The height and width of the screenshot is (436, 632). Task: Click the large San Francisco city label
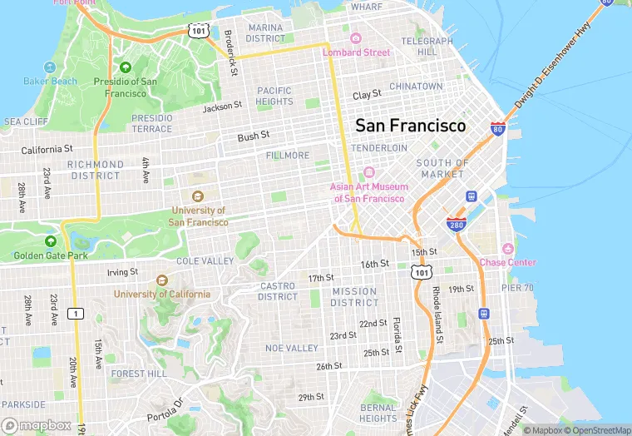pyautogui.click(x=411, y=126)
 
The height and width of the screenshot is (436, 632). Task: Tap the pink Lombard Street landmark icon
pyautogui.click(x=356, y=38)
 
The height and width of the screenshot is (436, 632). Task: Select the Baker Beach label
pyautogui.click(x=50, y=82)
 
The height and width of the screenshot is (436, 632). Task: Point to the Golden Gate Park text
pyautogui.click(x=51, y=255)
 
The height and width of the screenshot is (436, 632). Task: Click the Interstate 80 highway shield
pyautogui.click(x=497, y=129)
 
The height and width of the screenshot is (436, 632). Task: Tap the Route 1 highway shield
pyautogui.click(x=77, y=313)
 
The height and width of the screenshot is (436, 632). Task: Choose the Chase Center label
pyautogui.click(x=507, y=262)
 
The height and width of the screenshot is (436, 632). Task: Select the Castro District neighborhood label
pyautogui.click(x=278, y=291)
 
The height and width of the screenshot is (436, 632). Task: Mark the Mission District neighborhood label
pyautogui.click(x=355, y=297)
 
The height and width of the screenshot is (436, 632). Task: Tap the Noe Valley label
pyautogui.click(x=292, y=348)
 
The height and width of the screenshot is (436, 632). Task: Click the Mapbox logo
pyautogui.click(x=37, y=425)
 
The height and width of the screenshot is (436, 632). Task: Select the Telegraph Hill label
pyautogui.click(x=427, y=46)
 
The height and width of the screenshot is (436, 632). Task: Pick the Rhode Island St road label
pyautogui.click(x=437, y=315)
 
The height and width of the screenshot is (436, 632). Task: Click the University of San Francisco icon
pyautogui.click(x=198, y=196)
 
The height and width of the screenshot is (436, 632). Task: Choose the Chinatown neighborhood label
pyautogui.click(x=416, y=87)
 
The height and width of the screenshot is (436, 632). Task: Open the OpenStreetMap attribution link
pyautogui.click(x=597, y=430)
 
